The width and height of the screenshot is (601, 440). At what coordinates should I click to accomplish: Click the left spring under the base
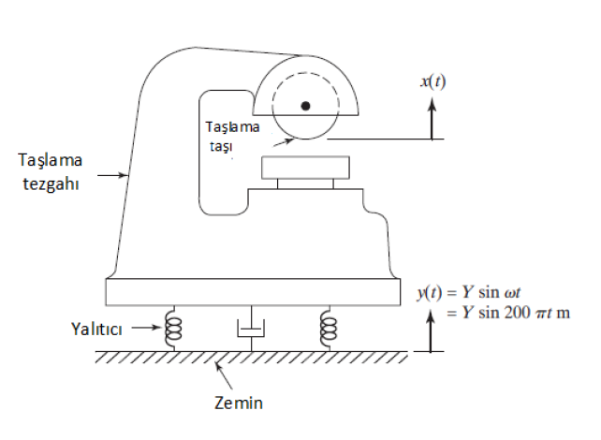pyautogui.click(x=173, y=329)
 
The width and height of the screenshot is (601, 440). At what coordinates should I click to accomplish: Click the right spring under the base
pyautogui.click(x=328, y=329)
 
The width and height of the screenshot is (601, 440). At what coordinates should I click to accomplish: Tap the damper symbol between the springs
pyautogui.click(x=251, y=330)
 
